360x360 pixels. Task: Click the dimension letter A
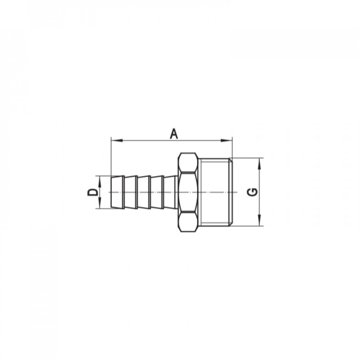coord(174,134)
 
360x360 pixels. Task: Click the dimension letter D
coord(92,192)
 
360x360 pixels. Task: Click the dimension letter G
coord(252,192)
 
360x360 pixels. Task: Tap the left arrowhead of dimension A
coord(117,140)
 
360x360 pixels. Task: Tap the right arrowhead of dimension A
coord(226,140)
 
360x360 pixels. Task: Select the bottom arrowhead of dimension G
coord(260,220)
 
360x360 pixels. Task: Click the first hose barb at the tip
coord(118,192)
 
